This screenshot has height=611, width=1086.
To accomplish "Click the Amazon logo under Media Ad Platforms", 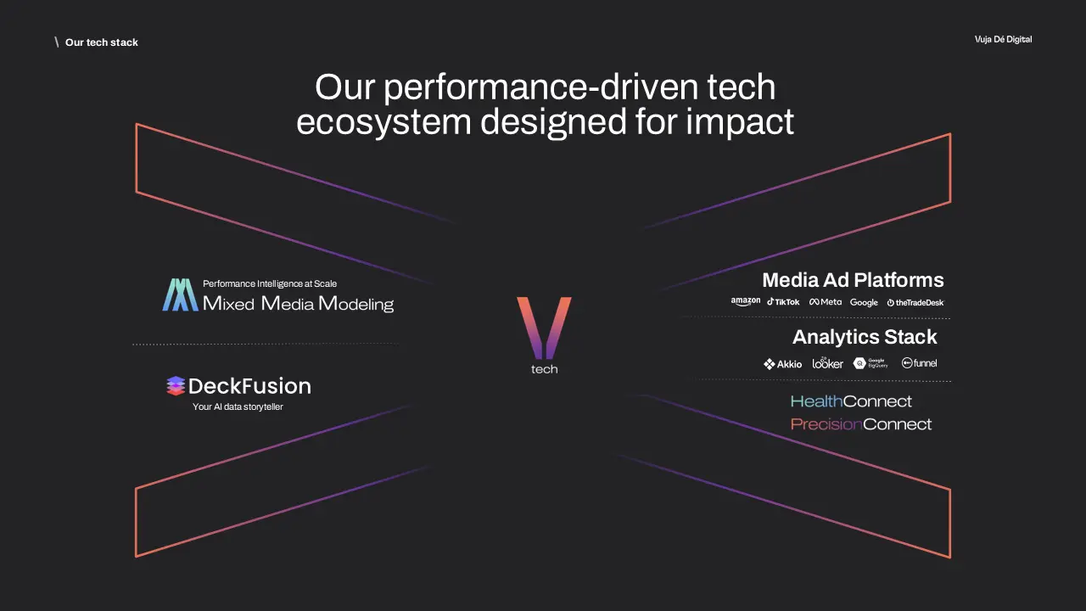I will tap(746, 302).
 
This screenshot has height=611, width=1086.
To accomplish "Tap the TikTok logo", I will tap(783, 302).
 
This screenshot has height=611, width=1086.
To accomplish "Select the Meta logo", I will tap(826, 302).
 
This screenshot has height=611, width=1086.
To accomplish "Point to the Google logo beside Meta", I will tap(864, 303).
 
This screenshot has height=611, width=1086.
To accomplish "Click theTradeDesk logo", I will tap(915, 303).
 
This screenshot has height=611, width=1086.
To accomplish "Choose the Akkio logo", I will tap(782, 364).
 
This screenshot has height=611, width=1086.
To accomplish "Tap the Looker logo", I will tap(828, 363).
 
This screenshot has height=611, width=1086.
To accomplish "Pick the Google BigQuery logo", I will tap(870, 363).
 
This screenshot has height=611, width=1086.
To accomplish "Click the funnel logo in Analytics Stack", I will tap(919, 363).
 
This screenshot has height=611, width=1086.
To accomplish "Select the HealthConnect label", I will tap(851, 401).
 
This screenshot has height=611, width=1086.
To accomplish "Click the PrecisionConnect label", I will tap(861, 424).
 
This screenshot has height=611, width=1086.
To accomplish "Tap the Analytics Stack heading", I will tap(865, 337).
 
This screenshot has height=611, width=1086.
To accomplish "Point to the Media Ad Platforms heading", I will tap(853, 280).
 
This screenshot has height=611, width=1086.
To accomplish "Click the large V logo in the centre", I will tap(544, 327).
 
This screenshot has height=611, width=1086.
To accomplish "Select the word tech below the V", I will tap(544, 370).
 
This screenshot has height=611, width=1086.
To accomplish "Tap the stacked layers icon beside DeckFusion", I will tap(176, 386).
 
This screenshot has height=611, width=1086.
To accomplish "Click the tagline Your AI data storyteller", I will tap(238, 407).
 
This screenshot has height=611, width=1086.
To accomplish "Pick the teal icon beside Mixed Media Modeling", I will tap(180, 294).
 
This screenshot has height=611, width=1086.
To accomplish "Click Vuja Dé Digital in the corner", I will tap(1003, 40).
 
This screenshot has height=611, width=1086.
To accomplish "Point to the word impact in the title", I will tap(740, 123).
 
